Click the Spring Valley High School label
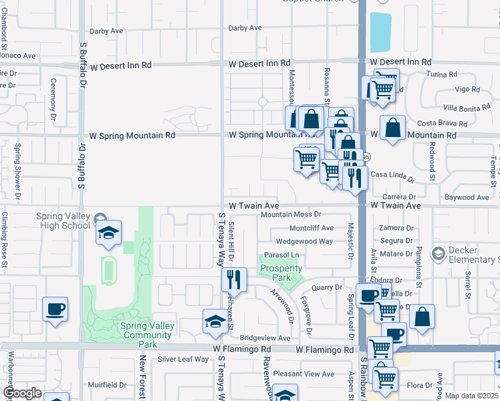pos(48,221)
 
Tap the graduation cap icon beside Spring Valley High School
pos(108,233)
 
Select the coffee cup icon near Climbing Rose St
pos(55,309)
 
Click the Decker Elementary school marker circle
pos(438,253)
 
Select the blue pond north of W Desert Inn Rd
pos(380,31)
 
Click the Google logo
pos(22,393)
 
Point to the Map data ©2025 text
pos(471,396)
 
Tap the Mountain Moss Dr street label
pos(291,215)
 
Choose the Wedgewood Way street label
pos(304,241)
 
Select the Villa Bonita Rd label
pos(468,108)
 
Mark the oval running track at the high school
pos(108,271)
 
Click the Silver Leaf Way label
pos(183,360)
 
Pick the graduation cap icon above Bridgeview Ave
pos(215,321)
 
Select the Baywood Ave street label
pos(467,198)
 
